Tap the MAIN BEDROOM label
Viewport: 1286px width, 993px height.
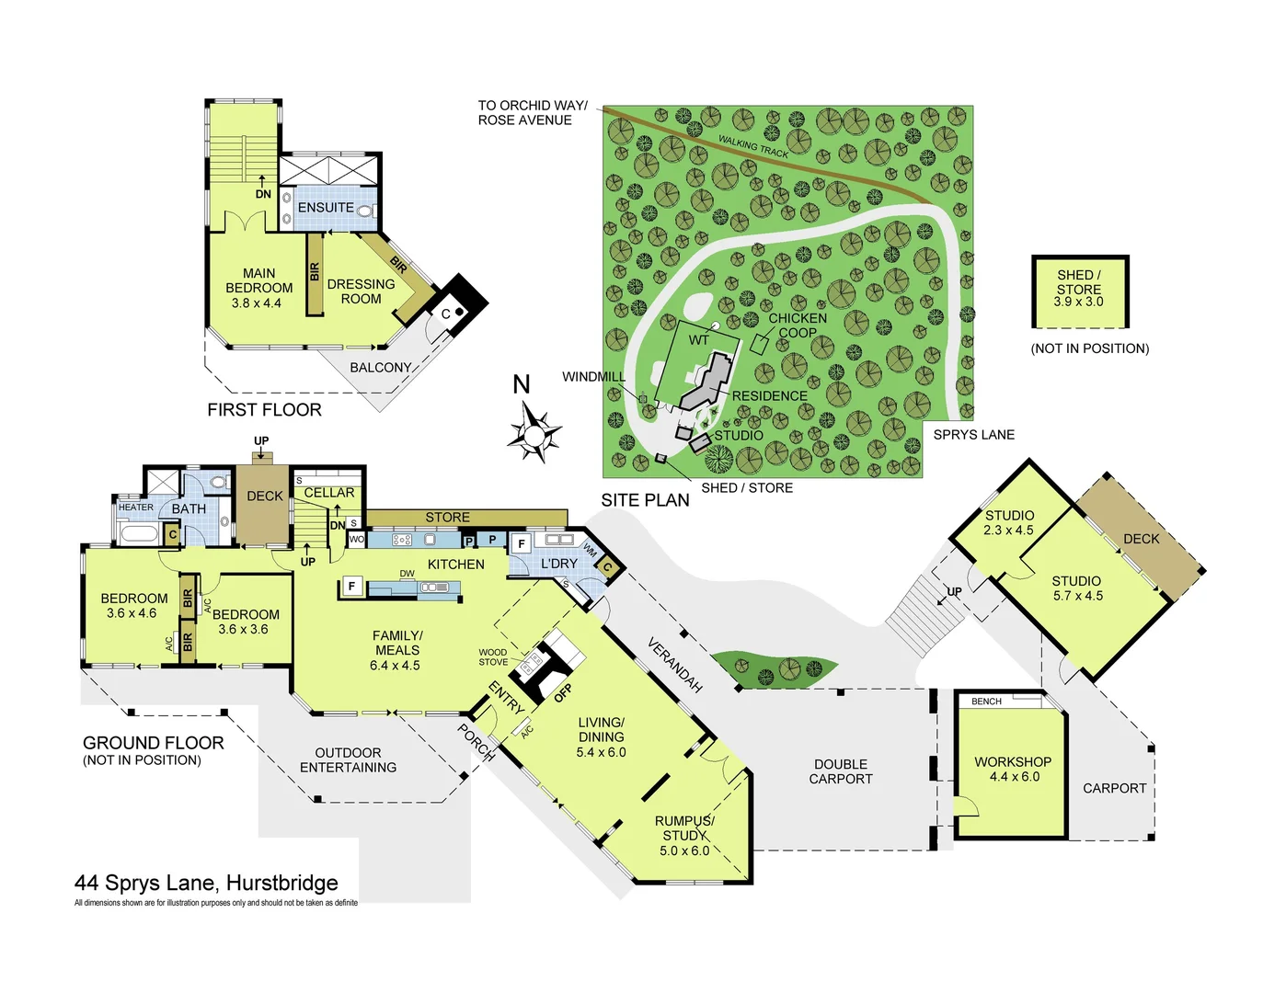pyautogui.click(x=258, y=287)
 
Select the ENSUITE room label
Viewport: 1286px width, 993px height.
pyautogui.click(x=326, y=208)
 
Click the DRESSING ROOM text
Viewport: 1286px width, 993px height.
pyautogui.click(x=361, y=291)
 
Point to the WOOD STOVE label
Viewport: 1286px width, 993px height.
pyautogui.click(x=493, y=656)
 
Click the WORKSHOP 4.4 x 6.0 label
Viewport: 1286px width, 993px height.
pyautogui.click(x=1013, y=769)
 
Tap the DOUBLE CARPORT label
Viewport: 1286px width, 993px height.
pyautogui.click(x=841, y=771)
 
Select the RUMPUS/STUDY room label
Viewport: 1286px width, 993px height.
pyautogui.click(x=684, y=835)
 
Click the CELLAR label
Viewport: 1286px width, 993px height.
pyautogui.click(x=329, y=493)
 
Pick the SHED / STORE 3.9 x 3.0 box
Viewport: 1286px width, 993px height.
pyautogui.click(x=1079, y=290)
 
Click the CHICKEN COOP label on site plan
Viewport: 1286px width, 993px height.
pyautogui.click(x=797, y=325)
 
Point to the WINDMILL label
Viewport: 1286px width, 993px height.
pyautogui.click(x=593, y=377)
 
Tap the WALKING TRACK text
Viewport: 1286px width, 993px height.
pyautogui.click(x=753, y=146)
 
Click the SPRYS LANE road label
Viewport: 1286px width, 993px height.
pyautogui.click(x=973, y=435)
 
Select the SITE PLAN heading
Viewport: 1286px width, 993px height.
pyautogui.click(x=645, y=500)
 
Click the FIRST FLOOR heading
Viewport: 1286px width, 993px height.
pyautogui.click(x=264, y=410)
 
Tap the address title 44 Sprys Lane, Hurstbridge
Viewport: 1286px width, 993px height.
pyautogui.click(x=206, y=884)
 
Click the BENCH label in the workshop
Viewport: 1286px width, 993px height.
pyautogui.click(x=986, y=702)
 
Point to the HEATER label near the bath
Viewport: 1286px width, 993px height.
pyautogui.click(x=136, y=508)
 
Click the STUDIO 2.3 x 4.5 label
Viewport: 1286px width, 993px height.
pyautogui.click(x=1009, y=522)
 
